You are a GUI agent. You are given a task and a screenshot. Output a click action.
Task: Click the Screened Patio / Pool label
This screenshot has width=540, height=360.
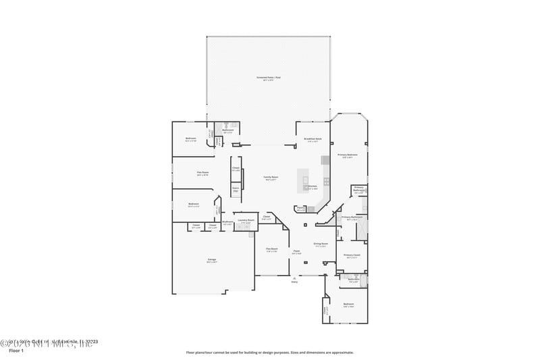coord(268,78)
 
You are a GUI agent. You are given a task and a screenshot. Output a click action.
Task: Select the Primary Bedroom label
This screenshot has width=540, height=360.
coord(348,155)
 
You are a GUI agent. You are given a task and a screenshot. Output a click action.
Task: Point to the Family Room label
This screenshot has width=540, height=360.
coord(271,178)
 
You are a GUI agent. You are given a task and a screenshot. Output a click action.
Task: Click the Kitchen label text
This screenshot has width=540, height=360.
coord(313,187)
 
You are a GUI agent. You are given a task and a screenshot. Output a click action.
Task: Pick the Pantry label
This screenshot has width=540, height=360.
coord(300,208)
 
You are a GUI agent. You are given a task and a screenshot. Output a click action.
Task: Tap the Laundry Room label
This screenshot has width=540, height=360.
coord(246,220)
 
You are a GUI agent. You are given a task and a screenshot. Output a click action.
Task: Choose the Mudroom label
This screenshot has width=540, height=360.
coord(228,222)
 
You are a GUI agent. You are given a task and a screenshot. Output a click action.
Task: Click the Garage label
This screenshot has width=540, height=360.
coord(212,259)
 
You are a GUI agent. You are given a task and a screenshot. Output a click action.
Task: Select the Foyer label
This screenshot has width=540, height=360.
coord(296,252)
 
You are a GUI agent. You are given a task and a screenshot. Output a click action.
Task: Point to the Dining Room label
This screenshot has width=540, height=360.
coord(321,244)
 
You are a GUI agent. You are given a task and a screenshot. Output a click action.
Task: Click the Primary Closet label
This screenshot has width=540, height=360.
coord(352,255)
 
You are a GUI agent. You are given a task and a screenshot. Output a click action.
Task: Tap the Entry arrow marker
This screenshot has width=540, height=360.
coord(294,277)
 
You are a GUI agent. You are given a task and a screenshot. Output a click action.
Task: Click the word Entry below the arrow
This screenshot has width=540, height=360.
coord(294,282)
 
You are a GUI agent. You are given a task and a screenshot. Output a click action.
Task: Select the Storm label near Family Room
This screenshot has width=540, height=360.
coord(236,190)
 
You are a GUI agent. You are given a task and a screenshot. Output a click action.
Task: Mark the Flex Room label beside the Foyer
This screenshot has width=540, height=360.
coord(271,249)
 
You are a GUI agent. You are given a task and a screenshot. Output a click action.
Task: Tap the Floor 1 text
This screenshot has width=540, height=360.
coord(16,351)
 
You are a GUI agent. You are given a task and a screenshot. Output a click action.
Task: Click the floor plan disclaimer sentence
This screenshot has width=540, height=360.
coord(269,352)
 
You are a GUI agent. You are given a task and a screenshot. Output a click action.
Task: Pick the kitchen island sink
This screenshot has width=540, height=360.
coord(306,180)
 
